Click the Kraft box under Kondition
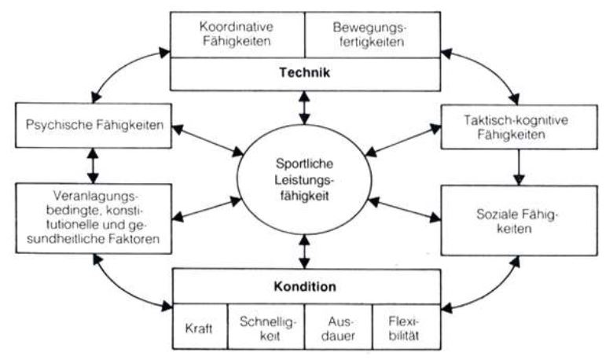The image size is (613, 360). click(x=200, y=324)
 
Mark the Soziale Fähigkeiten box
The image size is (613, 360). click(x=516, y=220)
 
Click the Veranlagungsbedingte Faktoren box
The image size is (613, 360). click(x=93, y=218)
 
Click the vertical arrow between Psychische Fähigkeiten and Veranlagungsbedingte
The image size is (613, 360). click(x=93, y=167)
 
